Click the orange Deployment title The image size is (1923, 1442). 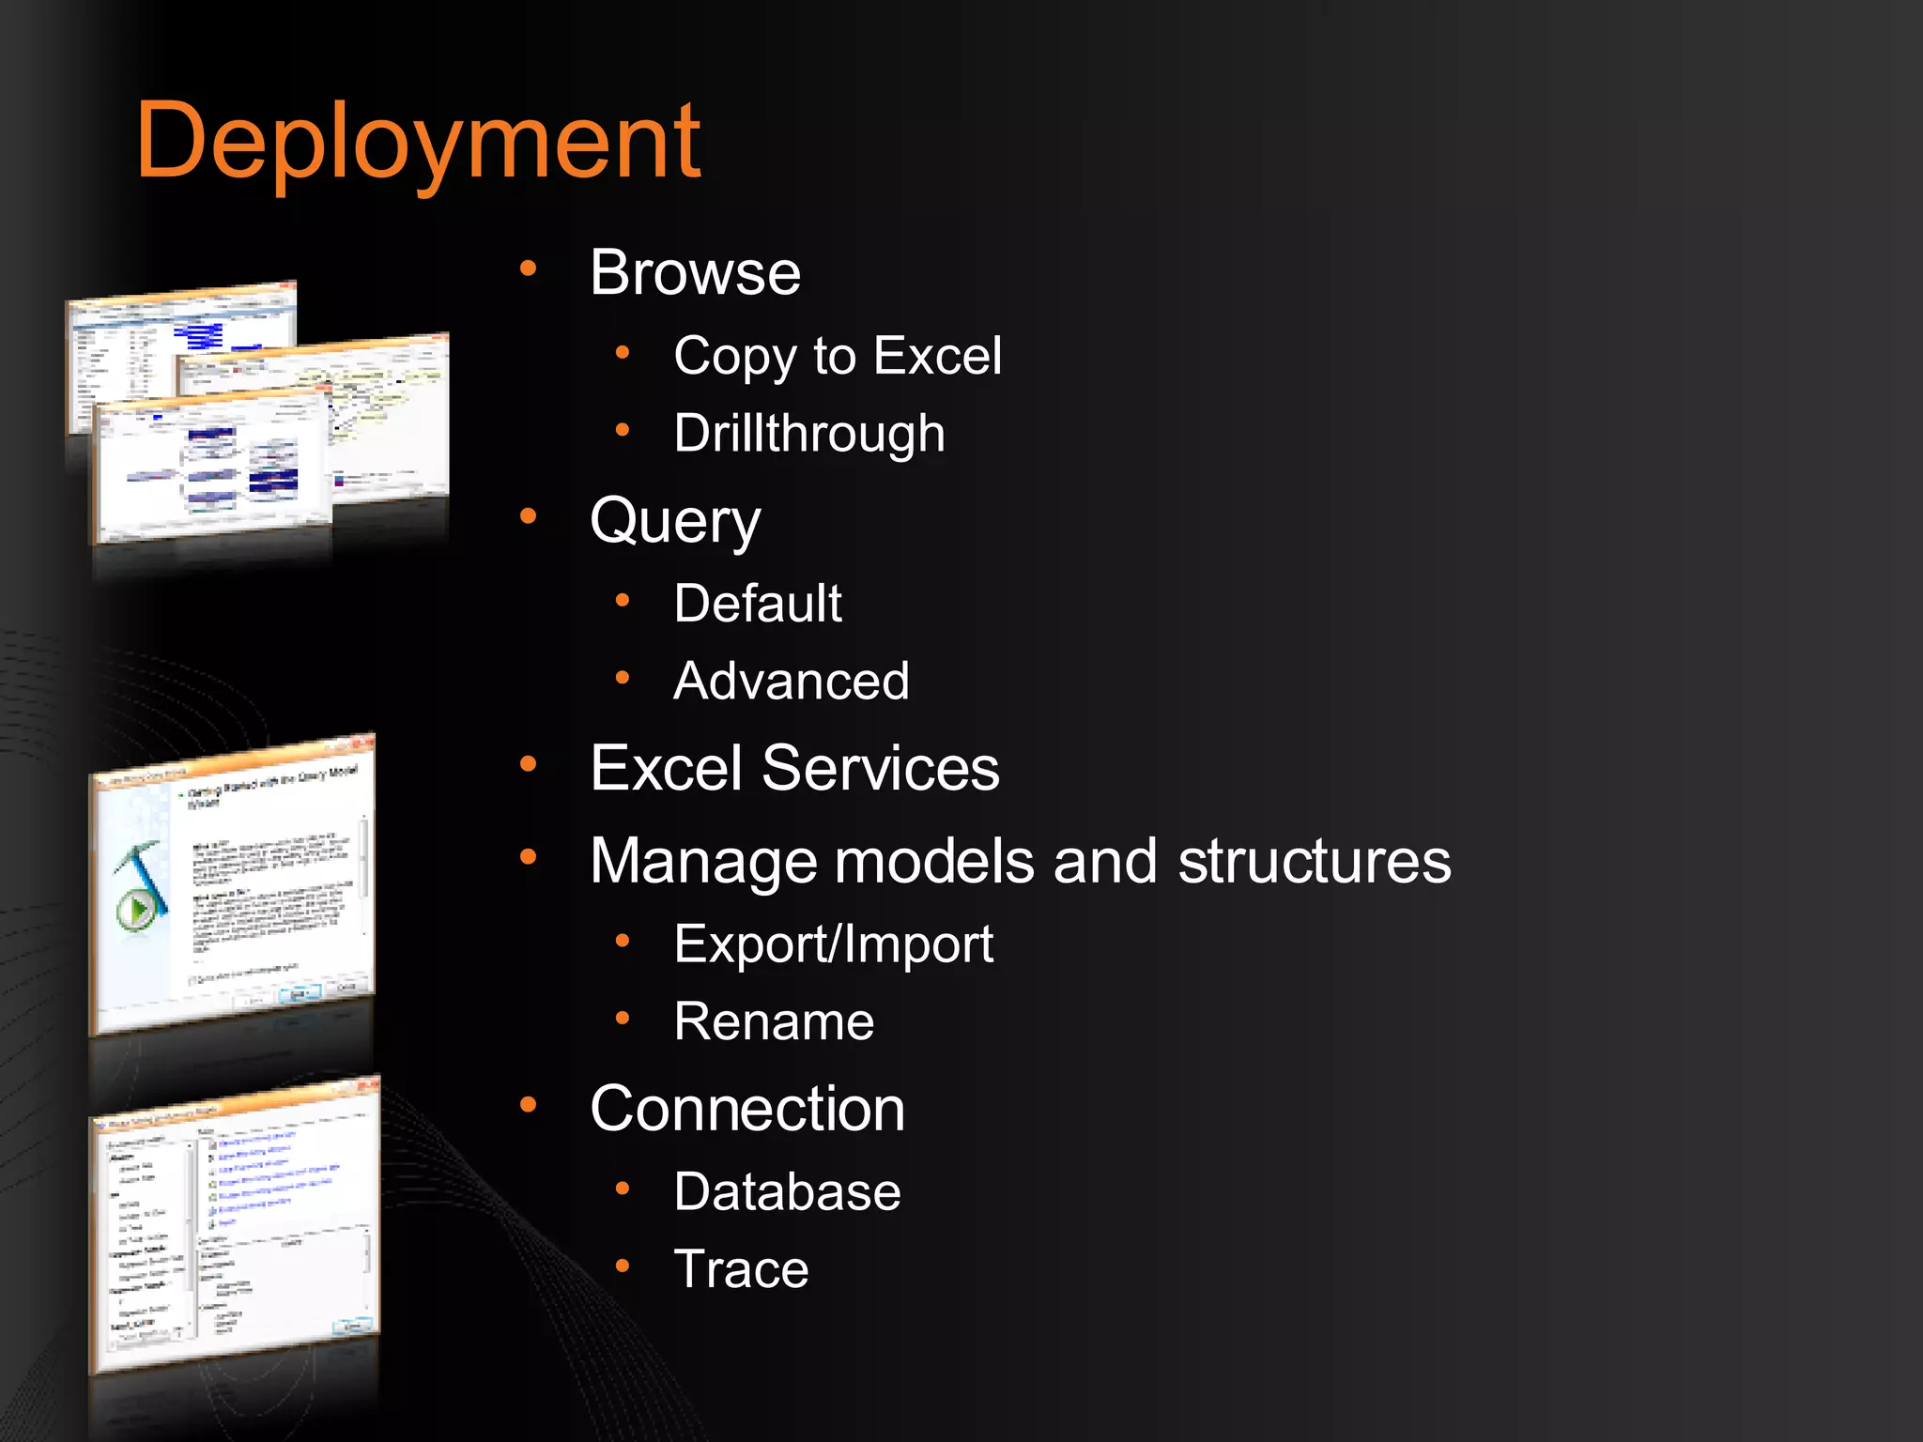[418, 143]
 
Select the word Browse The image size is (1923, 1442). [695, 273]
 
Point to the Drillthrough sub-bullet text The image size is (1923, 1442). [808, 434]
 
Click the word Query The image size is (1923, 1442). [675, 521]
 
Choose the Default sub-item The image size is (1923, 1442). [758, 603]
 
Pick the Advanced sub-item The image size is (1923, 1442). [792, 681]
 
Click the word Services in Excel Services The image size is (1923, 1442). [880, 768]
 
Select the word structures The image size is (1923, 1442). [1314, 861]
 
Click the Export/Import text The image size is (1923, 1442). [833, 943]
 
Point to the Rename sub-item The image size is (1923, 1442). [774, 1021]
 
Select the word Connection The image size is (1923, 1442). [747, 1109]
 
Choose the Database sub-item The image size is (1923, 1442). [787, 1192]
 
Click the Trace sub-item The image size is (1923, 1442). [741, 1269]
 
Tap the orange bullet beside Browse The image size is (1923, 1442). [529, 269]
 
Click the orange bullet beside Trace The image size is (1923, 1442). [623, 1266]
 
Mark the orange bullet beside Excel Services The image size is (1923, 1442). [529, 764]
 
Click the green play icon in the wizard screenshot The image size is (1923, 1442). [136, 909]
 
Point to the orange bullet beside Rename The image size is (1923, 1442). [623, 1018]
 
